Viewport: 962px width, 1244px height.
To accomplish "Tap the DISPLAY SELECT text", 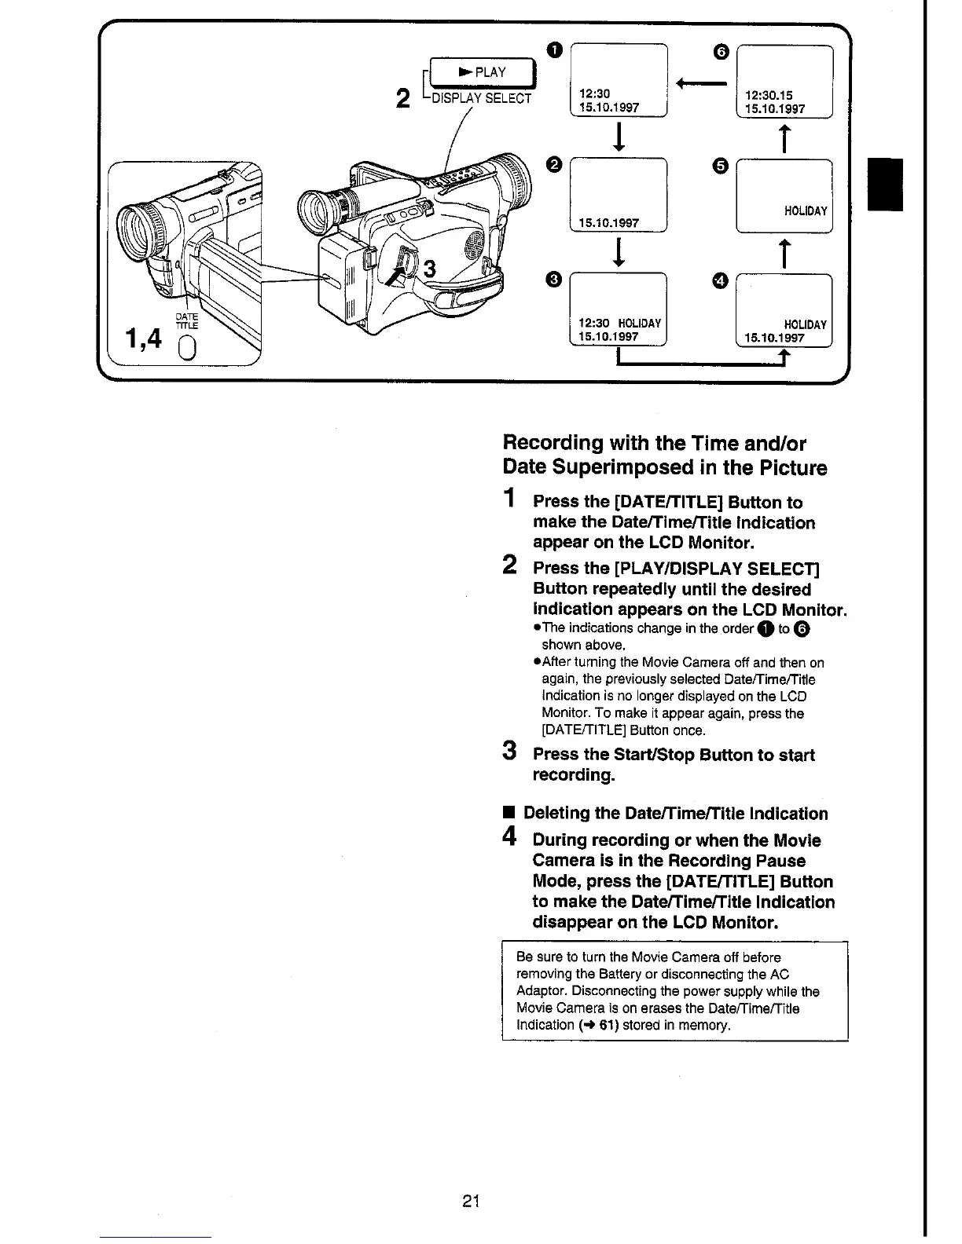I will coord(483,98).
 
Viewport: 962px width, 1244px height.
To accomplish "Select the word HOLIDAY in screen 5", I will coord(806,210).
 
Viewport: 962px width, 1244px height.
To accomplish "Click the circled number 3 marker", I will coord(554,279).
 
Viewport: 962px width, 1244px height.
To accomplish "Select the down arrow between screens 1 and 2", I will coord(620,138).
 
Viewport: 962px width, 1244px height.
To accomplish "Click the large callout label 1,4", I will coord(144,338).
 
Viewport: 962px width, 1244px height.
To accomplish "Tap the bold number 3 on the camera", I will coord(429,269).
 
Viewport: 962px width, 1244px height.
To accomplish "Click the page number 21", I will coord(472,1201).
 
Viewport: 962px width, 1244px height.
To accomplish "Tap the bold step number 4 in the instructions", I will coord(510,838).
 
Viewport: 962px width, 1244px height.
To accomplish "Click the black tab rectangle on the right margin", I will coord(885,184).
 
